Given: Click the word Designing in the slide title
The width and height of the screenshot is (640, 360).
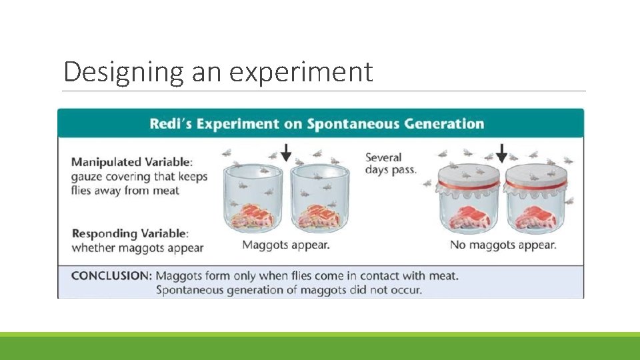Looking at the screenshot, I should [123, 72].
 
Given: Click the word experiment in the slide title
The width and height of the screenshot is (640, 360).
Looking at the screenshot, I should [301, 72].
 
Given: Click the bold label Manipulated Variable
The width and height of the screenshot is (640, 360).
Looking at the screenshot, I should [132, 161].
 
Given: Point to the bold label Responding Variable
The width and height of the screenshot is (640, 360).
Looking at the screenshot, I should [130, 233].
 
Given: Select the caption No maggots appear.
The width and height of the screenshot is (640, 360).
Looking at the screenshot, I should [503, 245].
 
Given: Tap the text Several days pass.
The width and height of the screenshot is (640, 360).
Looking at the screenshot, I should [390, 163].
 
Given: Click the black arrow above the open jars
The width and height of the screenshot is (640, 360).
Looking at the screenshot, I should [285, 153].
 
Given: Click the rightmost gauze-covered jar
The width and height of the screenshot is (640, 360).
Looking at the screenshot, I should [535, 203].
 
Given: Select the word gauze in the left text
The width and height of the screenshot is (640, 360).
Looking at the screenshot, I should [87, 177].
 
